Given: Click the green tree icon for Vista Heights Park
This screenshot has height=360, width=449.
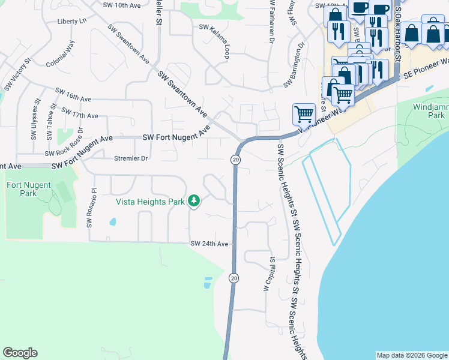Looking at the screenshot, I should click(x=193, y=201).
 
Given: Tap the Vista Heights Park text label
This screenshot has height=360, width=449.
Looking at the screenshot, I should click(x=150, y=202).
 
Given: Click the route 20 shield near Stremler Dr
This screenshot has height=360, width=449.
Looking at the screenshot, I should click(x=235, y=160).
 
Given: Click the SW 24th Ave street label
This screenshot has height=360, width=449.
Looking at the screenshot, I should click(x=209, y=244).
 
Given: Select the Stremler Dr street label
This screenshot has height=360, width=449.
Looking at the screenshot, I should click(x=131, y=158).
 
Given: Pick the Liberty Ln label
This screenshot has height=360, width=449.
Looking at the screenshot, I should click(x=72, y=21).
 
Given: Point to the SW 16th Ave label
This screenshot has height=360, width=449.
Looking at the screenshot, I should click(x=73, y=94).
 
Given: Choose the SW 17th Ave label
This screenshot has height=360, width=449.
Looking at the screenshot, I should click(x=80, y=114).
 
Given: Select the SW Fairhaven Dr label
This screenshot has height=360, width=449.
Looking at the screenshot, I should click(x=271, y=24).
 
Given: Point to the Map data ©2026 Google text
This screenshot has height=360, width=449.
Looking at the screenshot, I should click(x=412, y=355).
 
